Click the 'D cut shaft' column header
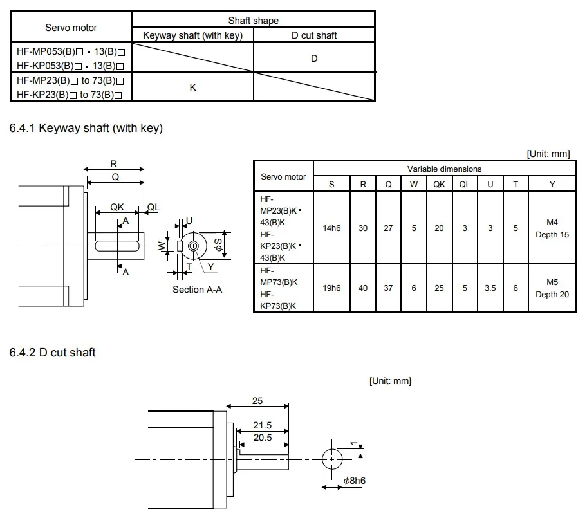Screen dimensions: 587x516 (314, 35)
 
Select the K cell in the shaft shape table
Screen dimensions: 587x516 (193, 88)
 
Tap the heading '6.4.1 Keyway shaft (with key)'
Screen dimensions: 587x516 (86, 128)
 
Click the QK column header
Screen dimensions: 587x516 (439, 185)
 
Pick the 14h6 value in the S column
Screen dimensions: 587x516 (331, 228)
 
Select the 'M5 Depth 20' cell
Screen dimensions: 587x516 (552, 288)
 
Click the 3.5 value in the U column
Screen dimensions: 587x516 (490, 288)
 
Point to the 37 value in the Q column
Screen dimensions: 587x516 (388, 288)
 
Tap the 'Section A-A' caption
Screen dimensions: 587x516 (198, 290)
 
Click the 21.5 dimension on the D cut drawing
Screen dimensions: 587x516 (263, 425)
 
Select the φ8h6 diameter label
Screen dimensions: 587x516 (355, 481)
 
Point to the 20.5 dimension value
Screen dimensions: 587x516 (263, 438)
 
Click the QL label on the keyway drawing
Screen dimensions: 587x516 (153, 207)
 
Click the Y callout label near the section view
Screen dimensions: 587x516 (210, 267)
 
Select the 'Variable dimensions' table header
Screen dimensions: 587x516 (444, 169)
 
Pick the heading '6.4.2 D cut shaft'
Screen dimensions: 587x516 (52, 353)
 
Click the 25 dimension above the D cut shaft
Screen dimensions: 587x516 (257, 401)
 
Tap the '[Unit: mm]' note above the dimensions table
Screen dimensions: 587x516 (548, 154)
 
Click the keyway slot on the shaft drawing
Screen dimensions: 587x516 (117, 246)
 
